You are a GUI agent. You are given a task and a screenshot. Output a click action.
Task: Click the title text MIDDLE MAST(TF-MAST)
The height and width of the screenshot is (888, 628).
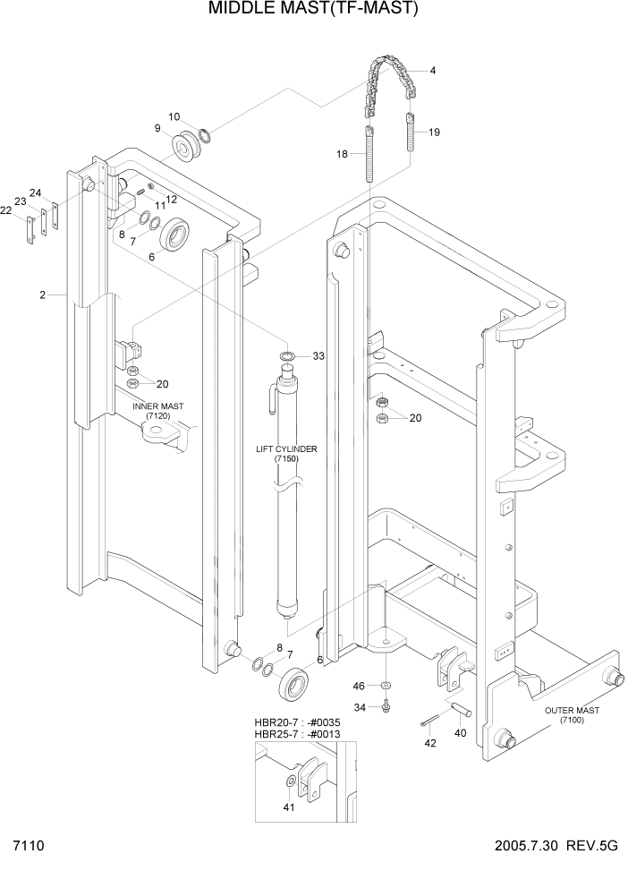pyautogui.click(x=313, y=10)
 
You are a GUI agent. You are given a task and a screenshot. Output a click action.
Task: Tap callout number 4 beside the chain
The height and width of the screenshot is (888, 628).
pyautogui.click(x=433, y=71)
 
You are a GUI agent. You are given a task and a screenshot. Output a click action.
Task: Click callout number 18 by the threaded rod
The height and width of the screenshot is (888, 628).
pyautogui.click(x=342, y=154)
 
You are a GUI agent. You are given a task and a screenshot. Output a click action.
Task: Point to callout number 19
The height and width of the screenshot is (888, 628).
pyautogui.click(x=434, y=132)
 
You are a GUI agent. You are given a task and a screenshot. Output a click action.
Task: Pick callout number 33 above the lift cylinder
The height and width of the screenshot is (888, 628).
pyautogui.click(x=318, y=355)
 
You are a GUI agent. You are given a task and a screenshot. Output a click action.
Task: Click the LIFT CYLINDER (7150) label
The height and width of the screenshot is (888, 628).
pyautogui.click(x=286, y=453)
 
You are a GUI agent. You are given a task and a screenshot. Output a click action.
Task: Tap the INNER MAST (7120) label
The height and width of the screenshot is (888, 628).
pyautogui.click(x=158, y=411)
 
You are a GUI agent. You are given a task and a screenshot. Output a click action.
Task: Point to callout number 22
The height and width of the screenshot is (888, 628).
pyautogui.click(x=6, y=210)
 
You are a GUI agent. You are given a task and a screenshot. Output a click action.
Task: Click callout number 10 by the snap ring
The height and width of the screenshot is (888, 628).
pyautogui.click(x=174, y=116)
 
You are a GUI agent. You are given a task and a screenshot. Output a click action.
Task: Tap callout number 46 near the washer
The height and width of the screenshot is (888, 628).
pyautogui.click(x=358, y=686)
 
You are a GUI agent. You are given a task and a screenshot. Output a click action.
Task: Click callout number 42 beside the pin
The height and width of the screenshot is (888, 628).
pyautogui.click(x=429, y=743)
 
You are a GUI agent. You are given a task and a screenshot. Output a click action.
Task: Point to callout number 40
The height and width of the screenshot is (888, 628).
pyautogui.click(x=462, y=733)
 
